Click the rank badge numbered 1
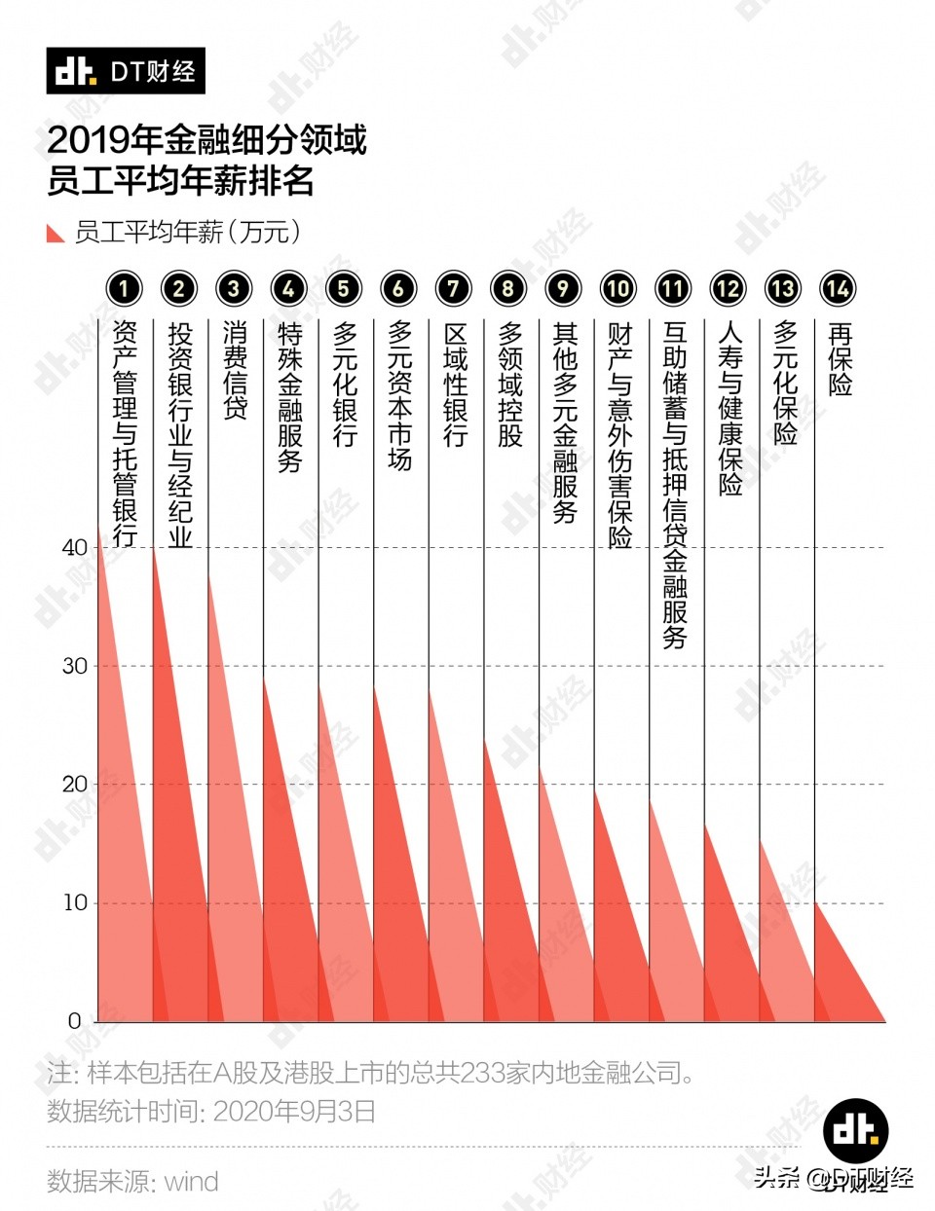click(x=124, y=288)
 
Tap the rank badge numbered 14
click(x=838, y=288)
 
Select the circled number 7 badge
click(x=453, y=288)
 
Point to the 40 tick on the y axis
click(x=75, y=547)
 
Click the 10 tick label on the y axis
click(x=75, y=902)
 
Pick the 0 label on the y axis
click(x=75, y=1021)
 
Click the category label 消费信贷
click(x=234, y=371)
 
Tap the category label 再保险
click(x=839, y=359)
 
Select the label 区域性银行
click(x=454, y=385)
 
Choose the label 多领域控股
click(x=509, y=385)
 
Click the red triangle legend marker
click(x=56, y=234)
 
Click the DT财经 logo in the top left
click(x=126, y=71)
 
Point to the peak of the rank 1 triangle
click(x=98, y=527)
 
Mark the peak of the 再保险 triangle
click(x=816, y=902)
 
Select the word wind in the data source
click(x=191, y=1182)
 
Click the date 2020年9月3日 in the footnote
click(x=294, y=1112)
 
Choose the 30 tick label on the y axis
click(x=75, y=666)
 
